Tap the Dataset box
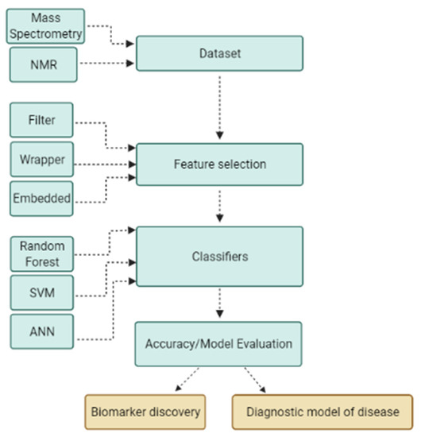point(219,53)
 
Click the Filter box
point(42,119)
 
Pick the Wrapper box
point(42,159)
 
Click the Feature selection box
point(219,164)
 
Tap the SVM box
point(42,293)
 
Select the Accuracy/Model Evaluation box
point(218,343)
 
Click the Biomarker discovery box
point(145,412)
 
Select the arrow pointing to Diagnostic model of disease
point(254,380)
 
